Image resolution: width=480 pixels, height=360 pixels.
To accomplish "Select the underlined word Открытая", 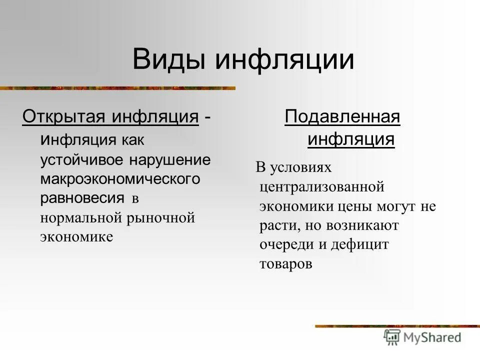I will coord(63,117).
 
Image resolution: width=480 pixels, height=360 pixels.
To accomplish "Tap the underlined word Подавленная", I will coord(342,118).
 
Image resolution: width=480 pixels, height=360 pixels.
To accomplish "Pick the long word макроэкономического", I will coord(120,179).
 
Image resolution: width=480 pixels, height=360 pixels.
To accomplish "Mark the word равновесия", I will coord(82,198).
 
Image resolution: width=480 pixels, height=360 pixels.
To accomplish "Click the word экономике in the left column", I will coord(76,236).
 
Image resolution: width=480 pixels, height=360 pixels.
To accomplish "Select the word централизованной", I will coord(321,187).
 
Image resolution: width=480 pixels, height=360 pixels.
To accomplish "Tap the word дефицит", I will coord(360,245).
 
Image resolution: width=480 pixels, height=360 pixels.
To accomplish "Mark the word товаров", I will coord(285,264).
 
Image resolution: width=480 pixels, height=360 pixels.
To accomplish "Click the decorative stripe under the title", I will coord(117,88).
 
